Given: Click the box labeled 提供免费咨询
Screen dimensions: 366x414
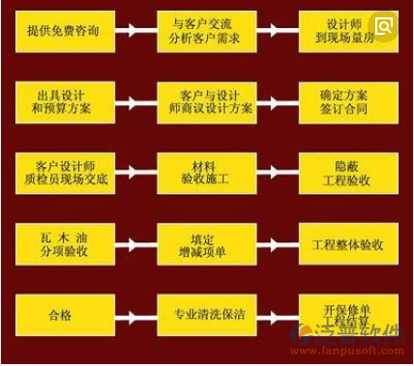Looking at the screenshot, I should [x=65, y=32].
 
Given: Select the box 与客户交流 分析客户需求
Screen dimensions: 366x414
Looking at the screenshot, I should [x=206, y=32].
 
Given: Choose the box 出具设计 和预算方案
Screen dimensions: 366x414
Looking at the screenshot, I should [x=65, y=102].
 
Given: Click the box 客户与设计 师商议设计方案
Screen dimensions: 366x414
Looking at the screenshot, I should [x=206, y=102].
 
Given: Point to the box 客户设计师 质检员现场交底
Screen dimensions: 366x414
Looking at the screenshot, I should [x=65, y=173].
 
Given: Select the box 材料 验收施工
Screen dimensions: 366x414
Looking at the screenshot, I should [x=206, y=173].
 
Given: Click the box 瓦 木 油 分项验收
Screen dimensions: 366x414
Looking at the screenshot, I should [x=65, y=244].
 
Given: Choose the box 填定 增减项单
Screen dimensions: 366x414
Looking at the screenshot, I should [x=206, y=244].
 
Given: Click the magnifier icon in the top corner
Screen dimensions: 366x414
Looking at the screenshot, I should [x=384, y=26].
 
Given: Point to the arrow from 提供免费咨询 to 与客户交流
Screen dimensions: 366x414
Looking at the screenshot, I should [x=135, y=32].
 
